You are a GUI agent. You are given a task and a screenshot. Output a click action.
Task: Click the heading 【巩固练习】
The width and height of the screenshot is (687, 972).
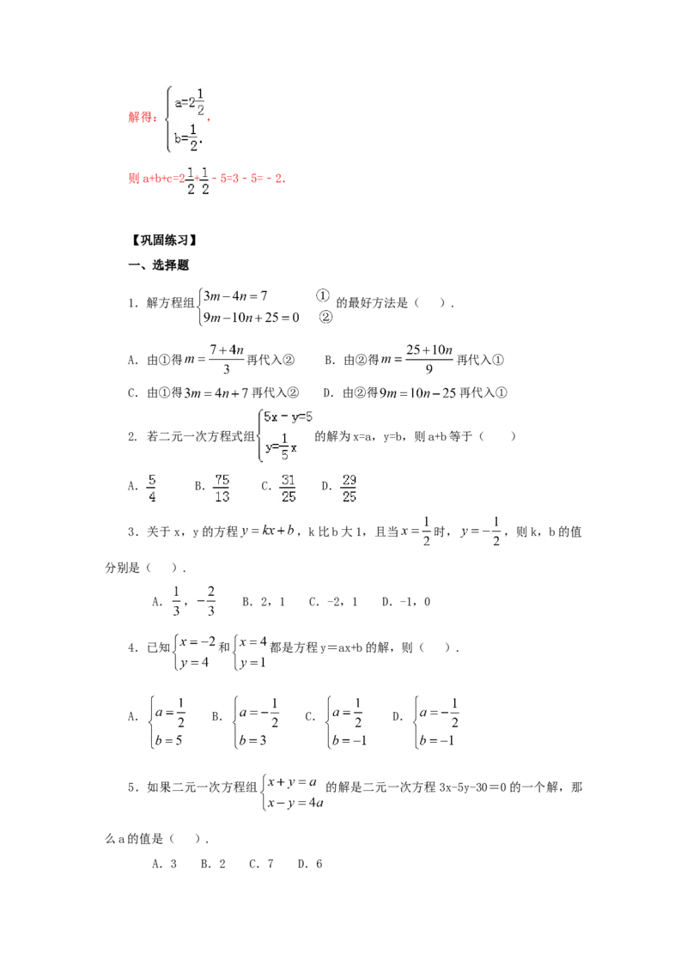tap(164, 240)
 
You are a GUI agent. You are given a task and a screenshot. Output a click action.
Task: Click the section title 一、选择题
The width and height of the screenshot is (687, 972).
tap(158, 265)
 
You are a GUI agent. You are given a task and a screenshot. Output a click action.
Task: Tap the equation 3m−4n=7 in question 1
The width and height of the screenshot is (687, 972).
tap(235, 295)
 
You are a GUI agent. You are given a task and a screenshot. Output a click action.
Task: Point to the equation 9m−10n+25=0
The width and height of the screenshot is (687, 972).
tap(252, 318)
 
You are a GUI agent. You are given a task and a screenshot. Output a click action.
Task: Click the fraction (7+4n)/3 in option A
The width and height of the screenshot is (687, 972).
tap(227, 359)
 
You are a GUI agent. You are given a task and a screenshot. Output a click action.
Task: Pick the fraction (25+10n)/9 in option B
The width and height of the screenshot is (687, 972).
tap(429, 359)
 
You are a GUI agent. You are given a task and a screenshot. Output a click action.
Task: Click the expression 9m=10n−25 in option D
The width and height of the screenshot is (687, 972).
tap(418, 393)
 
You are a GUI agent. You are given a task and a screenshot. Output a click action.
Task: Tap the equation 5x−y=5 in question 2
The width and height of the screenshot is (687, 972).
tap(289, 416)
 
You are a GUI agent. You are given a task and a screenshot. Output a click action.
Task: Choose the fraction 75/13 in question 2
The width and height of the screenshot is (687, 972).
tap(222, 488)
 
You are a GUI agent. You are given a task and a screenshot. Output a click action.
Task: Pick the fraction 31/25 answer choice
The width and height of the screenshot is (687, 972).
tap(289, 488)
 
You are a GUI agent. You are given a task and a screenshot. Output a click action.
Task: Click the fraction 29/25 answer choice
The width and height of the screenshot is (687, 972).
tap(349, 488)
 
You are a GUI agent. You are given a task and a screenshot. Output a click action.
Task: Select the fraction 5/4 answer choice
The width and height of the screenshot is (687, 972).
tap(152, 488)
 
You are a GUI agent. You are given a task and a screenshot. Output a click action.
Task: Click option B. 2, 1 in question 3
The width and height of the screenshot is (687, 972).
tap(264, 602)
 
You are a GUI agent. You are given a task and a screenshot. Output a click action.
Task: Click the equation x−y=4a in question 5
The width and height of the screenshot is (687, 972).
tap(295, 804)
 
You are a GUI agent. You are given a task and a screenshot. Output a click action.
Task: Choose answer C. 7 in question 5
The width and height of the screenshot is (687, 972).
tap(261, 864)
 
